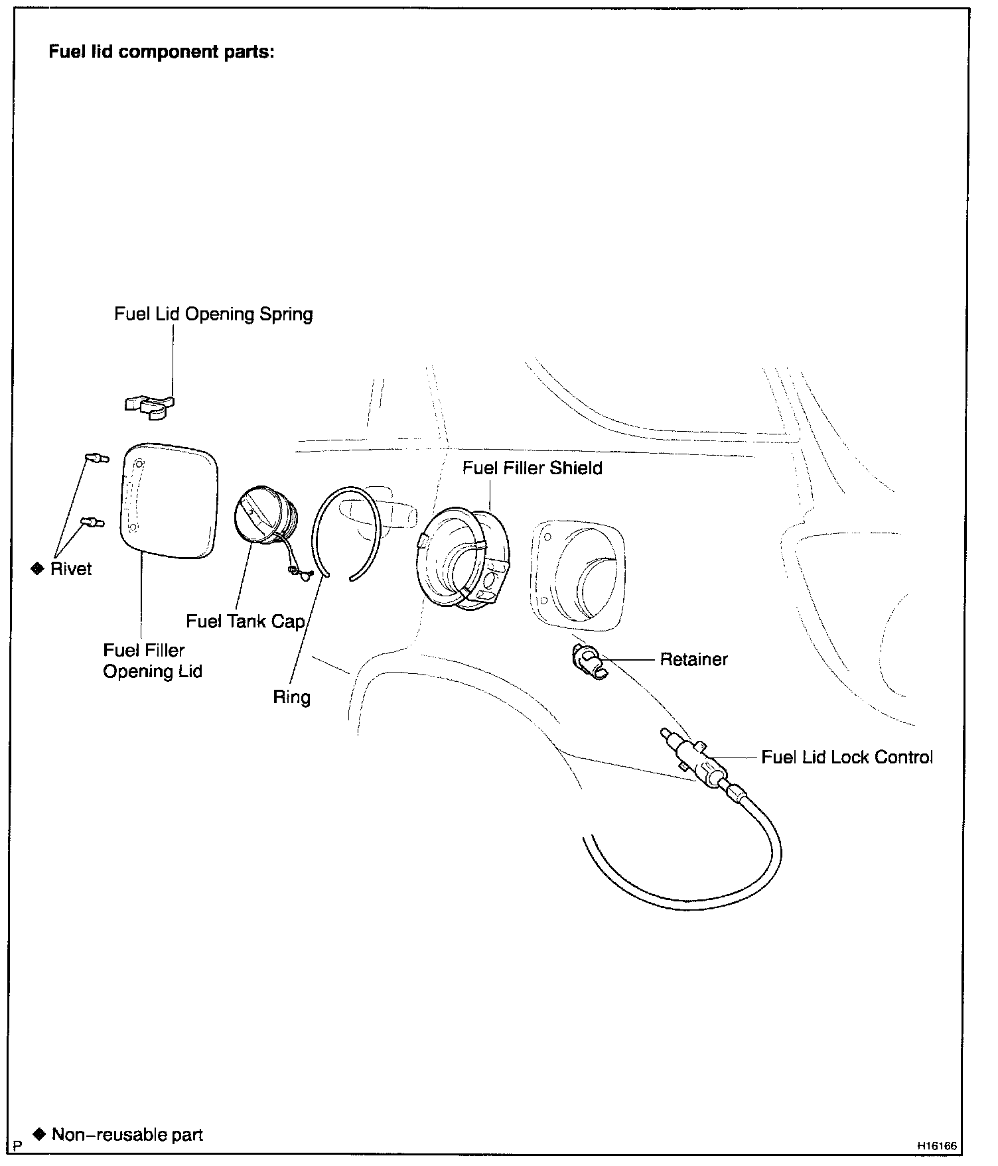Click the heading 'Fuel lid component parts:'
[x=161, y=52]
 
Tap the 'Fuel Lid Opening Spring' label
[x=213, y=314]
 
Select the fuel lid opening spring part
[x=150, y=406]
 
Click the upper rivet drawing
[x=97, y=458]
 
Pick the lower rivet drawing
[x=92, y=523]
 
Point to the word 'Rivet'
[x=71, y=569]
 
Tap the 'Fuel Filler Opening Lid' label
[x=152, y=661]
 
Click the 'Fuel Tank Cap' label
[x=245, y=621]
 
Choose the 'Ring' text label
[x=291, y=697]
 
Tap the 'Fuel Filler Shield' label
[x=532, y=468]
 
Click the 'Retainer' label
[x=693, y=659]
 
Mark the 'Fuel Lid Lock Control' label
[x=847, y=757]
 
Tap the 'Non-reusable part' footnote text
[x=127, y=1135]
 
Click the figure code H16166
[x=937, y=1145]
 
